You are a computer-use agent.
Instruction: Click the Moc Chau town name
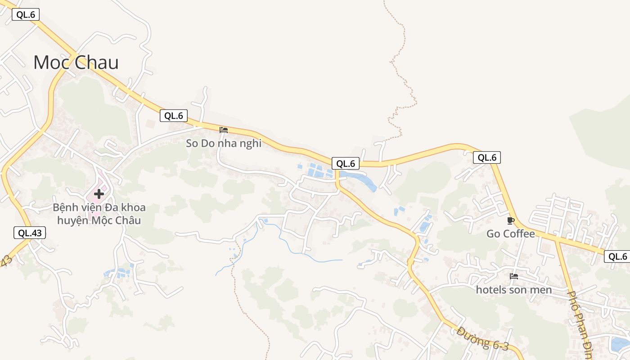click(76, 62)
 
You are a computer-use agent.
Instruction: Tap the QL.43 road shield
click(30, 233)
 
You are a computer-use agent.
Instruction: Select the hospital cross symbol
click(99, 194)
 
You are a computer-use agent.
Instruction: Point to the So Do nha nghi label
click(224, 144)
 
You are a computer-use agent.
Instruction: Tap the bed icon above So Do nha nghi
click(224, 130)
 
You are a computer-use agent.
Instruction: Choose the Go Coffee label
click(510, 234)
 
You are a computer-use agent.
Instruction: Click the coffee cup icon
click(510, 220)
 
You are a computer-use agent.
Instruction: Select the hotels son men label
click(513, 290)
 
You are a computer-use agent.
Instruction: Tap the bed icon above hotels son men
click(513, 276)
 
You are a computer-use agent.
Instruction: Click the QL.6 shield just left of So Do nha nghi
click(173, 116)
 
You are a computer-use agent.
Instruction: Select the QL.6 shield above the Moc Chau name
click(26, 14)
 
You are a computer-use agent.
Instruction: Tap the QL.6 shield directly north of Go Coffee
click(486, 157)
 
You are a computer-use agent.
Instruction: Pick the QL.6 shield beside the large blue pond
click(346, 164)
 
